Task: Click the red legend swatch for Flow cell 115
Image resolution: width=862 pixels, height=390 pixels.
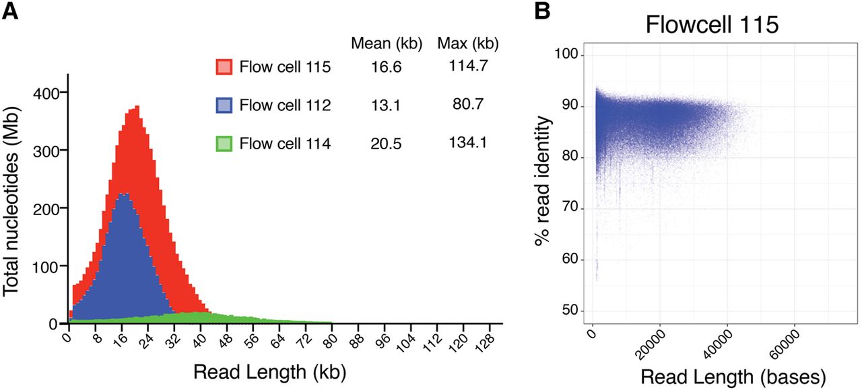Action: point(224,67)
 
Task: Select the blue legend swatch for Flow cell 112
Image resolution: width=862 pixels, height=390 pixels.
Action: point(224,105)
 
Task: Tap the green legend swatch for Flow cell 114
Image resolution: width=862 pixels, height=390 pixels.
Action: point(224,143)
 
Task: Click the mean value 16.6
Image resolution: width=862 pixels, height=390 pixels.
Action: point(386,67)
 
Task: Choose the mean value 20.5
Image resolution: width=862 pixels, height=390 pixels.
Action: point(386,143)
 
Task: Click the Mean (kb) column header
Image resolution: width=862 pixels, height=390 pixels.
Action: point(387,44)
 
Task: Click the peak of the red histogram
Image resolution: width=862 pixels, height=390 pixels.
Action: point(137,106)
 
